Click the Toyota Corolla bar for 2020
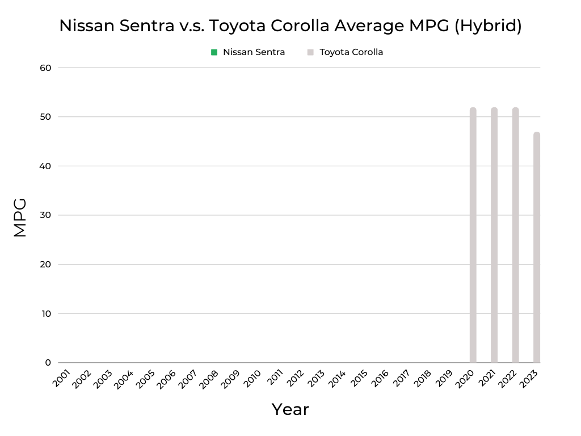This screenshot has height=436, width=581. tap(473, 235)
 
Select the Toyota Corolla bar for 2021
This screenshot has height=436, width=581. tap(494, 235)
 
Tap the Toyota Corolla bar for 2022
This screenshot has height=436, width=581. tap(515, 235)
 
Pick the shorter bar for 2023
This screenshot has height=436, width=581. tap(537, 248)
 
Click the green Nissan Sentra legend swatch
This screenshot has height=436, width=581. tap(214, 52)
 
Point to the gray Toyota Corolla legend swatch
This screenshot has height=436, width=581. tap(310, 52)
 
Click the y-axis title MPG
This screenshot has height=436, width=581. tap(20, 217)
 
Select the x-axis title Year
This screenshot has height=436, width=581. tap(290, 409)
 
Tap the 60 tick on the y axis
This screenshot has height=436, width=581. tap(45, 68)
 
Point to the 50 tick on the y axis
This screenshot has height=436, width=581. tap(45, 117)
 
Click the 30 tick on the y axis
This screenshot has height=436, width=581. tap(45, 215)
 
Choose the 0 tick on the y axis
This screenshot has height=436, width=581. tap(48, 363)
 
